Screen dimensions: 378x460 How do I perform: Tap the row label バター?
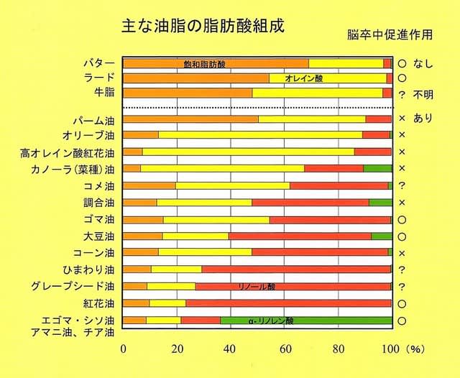99,63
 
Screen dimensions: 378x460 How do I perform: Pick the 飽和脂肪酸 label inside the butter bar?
205,64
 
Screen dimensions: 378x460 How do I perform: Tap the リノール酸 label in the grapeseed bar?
257,287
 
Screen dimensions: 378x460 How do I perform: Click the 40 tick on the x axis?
230,349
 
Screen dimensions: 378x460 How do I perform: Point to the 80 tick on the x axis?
338,349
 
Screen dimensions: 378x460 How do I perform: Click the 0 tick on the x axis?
124,349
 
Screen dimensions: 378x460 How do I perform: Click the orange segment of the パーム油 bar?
190,119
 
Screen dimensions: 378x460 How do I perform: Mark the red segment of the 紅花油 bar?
287,303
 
